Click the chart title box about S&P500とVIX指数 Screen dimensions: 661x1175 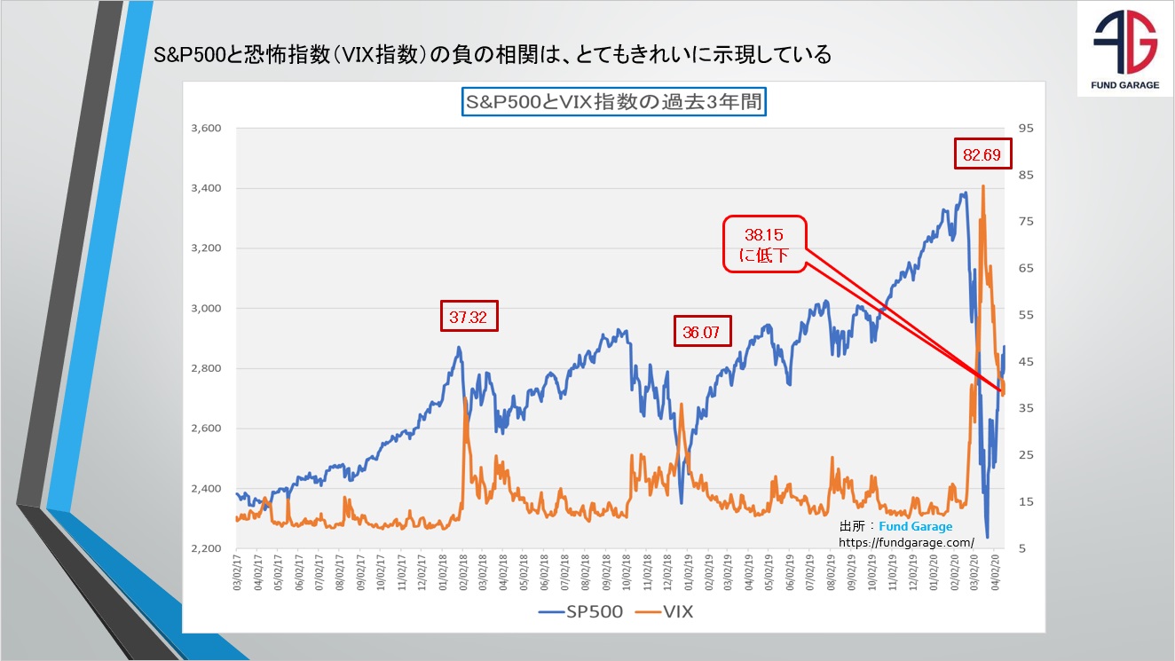pos(613,101)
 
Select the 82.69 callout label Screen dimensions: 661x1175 pos(982,154)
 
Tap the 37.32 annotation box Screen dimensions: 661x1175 pos(469,316)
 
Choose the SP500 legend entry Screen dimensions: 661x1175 pos(580,611)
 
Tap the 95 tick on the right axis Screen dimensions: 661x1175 pos(1026,129)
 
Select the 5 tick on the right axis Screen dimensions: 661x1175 pos(1022,549)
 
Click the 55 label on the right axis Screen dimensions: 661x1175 pos(1026,316)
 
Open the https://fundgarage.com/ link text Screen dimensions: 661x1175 pos(906,542)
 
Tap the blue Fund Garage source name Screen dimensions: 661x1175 pos(915,527)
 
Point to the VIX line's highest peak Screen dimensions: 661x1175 pos(982,185)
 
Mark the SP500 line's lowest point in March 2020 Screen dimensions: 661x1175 pos(988,537)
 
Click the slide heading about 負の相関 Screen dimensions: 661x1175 pos(493,55)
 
